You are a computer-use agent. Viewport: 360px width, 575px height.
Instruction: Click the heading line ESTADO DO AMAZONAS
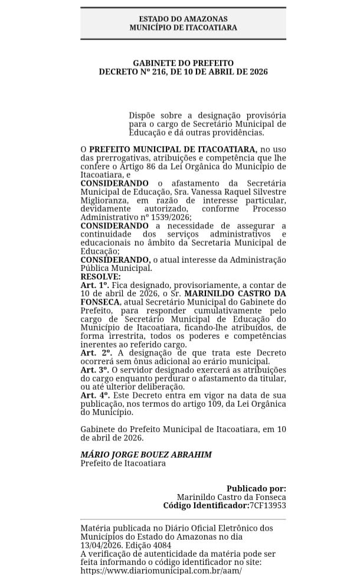(183, 19)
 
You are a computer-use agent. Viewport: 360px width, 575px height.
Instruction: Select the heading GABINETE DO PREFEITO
(183, 63)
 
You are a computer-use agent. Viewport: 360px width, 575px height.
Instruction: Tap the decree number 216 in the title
(159, 71)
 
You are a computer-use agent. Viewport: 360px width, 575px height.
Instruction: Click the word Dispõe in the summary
(143, 116)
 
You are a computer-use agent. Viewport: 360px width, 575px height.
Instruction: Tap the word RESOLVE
(100, 276)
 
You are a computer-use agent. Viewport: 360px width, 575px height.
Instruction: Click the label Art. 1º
(94, 285)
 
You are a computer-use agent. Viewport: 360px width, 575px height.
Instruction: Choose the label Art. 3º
(94, 369)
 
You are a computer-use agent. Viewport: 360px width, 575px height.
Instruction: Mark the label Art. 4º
(94, 394)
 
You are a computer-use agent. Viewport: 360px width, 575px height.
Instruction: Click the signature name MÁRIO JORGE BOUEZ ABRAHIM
(146, 455)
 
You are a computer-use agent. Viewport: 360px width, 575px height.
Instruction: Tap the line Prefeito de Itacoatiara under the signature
(123, 463)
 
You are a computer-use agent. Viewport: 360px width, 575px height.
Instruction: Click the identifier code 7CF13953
(267, 506)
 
